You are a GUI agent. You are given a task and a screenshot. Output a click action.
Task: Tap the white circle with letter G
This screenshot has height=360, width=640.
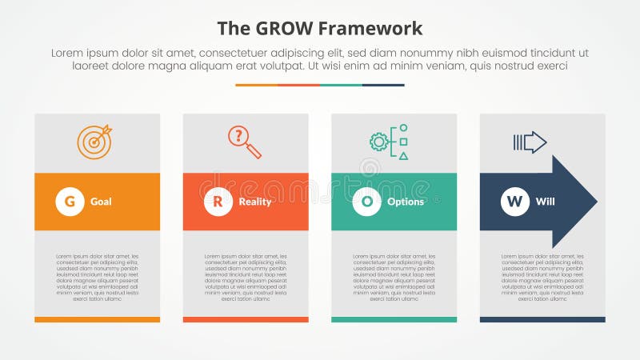[70, 202]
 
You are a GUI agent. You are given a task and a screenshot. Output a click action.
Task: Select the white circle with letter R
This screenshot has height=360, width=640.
[218, 202]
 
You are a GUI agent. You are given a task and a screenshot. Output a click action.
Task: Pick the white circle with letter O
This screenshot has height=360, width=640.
[366, 202]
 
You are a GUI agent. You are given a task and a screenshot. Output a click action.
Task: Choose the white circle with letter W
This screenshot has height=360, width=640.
[514, 202]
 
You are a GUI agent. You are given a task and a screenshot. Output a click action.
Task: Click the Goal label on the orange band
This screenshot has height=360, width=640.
[101, 202]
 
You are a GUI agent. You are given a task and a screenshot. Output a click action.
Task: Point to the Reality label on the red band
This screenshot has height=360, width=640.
[254, 202]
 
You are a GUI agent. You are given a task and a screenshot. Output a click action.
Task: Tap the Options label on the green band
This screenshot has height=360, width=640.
[405, 202]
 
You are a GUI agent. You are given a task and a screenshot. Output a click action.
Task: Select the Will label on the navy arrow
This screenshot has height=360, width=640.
[544, 202]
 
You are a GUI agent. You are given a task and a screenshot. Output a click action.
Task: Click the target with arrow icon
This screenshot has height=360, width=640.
[94, 142]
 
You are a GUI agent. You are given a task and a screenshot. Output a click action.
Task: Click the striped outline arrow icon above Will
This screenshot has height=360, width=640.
[530, 142]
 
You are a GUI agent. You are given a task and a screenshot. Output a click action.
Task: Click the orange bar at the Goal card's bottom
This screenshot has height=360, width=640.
[97, 319]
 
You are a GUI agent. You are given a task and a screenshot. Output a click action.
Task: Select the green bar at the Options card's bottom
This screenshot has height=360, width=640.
[394, 319]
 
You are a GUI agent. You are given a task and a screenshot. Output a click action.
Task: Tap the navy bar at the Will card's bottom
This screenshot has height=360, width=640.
[542, 319]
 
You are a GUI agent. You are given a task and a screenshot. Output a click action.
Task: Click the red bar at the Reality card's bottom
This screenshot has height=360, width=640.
[246, 319]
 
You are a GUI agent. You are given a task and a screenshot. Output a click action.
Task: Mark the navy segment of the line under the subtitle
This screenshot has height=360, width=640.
[383, 85]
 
